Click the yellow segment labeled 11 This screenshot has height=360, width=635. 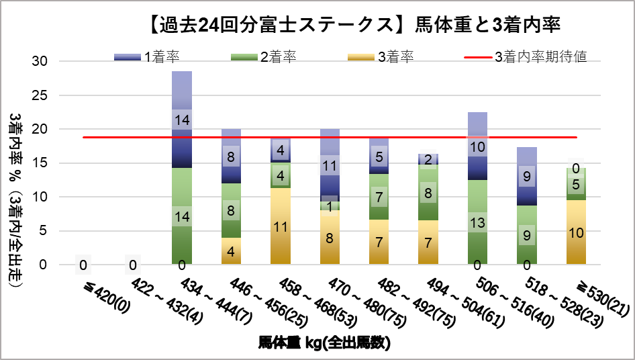click(281, 226)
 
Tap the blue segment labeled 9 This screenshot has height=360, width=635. click(527, 177)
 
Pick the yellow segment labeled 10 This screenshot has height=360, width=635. click(575, 232)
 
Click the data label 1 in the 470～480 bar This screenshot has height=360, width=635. click(330, 206)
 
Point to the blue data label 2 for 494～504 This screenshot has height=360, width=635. click(429, 159)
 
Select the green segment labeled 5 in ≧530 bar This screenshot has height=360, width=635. click(575, 184)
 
